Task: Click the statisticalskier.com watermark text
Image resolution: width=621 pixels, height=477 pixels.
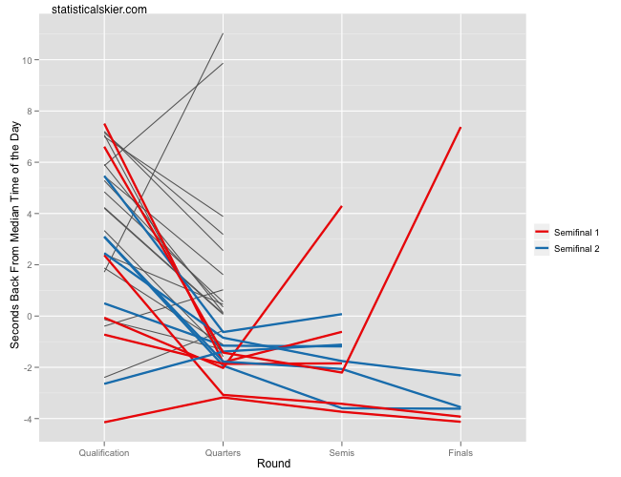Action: click(98, 9)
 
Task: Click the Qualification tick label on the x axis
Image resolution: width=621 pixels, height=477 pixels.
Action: click(105, 451)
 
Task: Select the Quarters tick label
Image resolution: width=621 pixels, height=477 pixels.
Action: click(224, 451)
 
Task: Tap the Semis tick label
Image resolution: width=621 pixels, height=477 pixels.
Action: click(342, 451)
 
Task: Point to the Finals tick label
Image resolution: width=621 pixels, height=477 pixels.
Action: click(460, 451)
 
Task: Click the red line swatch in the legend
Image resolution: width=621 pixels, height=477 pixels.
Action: click(542, 232)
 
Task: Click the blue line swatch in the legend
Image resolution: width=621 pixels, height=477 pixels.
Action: click(542, 249)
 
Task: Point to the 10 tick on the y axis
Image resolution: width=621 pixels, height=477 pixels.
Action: click(29, 60)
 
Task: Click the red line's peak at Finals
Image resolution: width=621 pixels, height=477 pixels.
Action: click(460, 128)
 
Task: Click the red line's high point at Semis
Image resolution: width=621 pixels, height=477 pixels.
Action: click(342, 206)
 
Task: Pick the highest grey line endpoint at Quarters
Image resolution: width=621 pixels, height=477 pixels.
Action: click(224, 33)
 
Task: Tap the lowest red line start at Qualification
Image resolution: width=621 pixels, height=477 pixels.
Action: click(105, 422)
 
